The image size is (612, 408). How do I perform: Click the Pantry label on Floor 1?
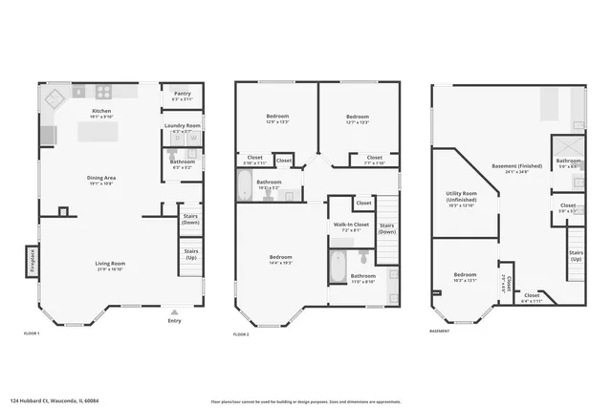click(182, 94)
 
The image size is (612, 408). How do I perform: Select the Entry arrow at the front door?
click(174, 312)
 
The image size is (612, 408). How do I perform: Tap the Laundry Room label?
click(182, 125)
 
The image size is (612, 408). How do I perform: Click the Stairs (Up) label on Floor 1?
click(190, 254)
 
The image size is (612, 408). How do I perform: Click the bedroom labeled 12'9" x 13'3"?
click(278, 118)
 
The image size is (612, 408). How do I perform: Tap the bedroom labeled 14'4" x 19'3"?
click(280, 260)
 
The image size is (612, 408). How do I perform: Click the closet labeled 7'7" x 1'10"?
click(374, 160)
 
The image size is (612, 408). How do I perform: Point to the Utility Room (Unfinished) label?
click(461, 202)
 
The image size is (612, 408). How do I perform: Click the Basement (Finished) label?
click(518, 168)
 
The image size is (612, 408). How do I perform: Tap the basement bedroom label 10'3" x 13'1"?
click(466, 276)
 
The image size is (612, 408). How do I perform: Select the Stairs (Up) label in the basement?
click(576, 255)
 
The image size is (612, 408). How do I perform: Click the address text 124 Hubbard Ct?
click(48, 389)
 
